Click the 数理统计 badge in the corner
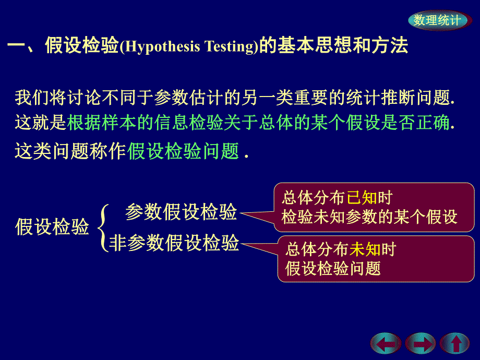437,20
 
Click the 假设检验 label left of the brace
52,227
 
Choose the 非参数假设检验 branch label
174,243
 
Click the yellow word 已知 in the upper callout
362,198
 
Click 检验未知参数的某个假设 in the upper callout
369,217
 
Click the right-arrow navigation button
420,344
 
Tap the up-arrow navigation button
455,344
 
